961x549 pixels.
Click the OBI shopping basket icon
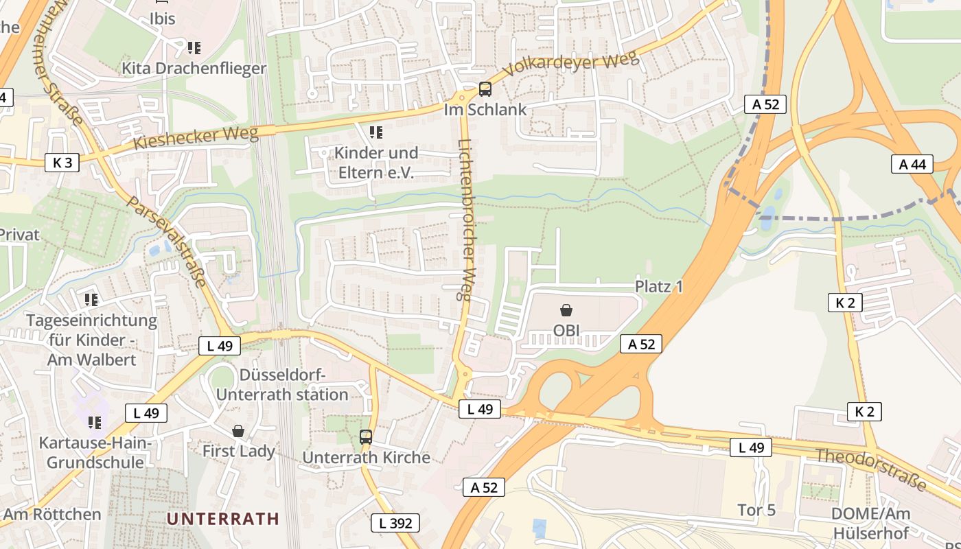tap(566, 310)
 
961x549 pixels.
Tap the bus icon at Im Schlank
tap(485, 89)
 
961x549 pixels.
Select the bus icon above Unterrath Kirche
tap(366, 436)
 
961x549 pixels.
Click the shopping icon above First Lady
tap(238, 431)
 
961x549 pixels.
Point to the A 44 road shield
tap(912, 164)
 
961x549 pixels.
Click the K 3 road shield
tap(62, 163)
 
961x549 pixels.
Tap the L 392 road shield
tap(395, 523)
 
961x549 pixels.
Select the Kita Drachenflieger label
tap(194, 68)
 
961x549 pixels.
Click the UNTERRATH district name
tap(223, 518)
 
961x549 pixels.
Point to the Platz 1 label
tap(659, 286)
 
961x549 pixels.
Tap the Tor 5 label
tap(756, 510)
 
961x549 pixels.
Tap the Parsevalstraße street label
tap(167, 242)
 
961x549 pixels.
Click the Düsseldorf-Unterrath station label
tap(283, 384)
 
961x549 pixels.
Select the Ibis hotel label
tap(163, 19)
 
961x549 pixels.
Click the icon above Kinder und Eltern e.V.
tap(375, 131)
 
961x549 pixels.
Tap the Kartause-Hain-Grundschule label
tap(95, 452)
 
